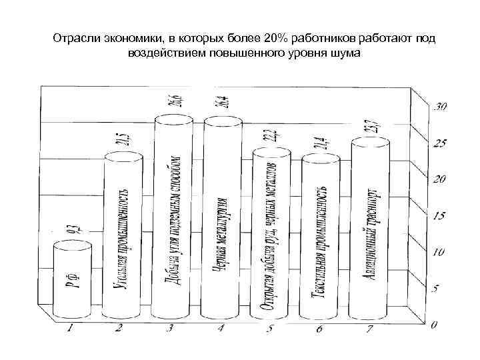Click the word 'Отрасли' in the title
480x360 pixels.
point(75,39)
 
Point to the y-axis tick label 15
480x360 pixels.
point(438,215)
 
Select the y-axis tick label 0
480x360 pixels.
point(434,325)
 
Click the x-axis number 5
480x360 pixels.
point(270,329)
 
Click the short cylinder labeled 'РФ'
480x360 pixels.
point(69,280)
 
